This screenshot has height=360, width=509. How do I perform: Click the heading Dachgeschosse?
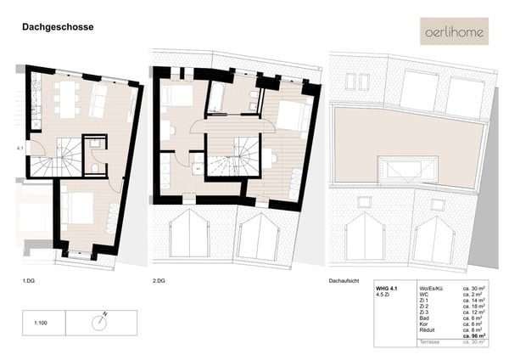[58, 27]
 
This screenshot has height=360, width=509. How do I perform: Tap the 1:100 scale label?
[40, 323]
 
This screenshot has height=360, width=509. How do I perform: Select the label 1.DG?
[29, 279]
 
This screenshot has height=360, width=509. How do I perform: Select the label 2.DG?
[158, 279]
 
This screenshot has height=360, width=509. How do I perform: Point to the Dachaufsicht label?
[344, 279]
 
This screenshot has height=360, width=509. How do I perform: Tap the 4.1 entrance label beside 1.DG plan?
[19, 149]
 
